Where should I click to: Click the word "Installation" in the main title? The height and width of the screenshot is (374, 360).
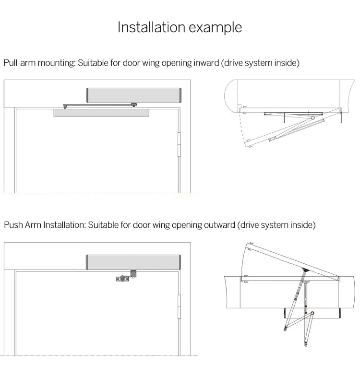[x=147, y=27]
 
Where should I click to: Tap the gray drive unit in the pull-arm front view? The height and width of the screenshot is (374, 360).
[x=133, y=95]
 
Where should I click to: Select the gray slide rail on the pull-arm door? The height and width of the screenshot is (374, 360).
[x=101, y=113]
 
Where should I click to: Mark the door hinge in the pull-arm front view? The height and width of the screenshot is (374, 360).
[x=180, y=144]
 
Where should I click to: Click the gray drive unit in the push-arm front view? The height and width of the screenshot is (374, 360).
[x=133, y=262]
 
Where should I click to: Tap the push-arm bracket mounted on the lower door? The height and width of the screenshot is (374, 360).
[x=124, y=278]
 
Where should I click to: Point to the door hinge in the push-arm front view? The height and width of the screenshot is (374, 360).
[x=180, y=307]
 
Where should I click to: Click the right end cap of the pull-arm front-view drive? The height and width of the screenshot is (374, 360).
[x=180, y=95]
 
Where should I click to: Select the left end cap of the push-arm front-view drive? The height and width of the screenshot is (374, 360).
[x=87, y=262]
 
